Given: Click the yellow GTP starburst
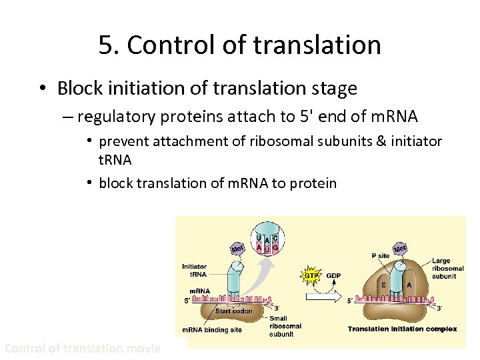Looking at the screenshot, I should click(311, 275).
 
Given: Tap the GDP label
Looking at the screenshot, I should click(333, 275).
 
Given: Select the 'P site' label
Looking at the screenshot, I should click(381, 255).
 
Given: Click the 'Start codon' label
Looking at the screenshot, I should click(233, 311).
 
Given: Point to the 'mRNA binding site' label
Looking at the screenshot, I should click(212, 330).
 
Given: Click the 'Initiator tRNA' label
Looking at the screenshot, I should click(194, 270).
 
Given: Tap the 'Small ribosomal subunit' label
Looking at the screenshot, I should click(285, 326).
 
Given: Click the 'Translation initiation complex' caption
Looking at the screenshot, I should click(402, 329).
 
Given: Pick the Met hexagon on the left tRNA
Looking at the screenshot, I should click(237, 249).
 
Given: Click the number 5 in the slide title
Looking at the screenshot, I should click(105, 45).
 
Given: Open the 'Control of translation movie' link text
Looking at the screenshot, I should click(83, 348).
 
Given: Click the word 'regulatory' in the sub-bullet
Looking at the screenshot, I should click(115, 117).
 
